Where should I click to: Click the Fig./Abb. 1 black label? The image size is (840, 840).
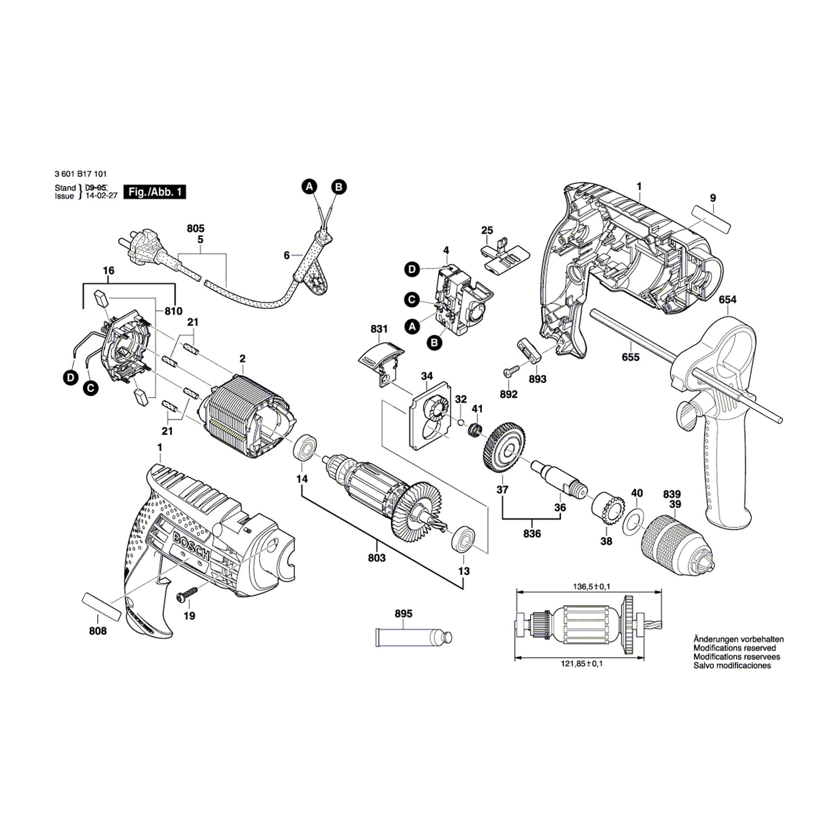155,192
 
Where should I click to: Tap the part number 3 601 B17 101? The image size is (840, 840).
81,174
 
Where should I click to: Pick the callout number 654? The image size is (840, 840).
727,299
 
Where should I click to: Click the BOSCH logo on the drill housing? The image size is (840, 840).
191,546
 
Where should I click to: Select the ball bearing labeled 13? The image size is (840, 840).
464,541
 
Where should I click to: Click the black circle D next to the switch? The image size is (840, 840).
412,270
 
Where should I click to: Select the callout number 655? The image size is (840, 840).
630,357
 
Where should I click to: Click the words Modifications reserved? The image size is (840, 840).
734,648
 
